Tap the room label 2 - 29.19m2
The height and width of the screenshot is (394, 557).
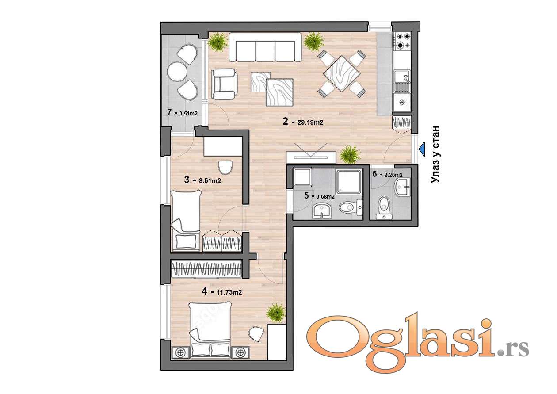click(x=303, y=122)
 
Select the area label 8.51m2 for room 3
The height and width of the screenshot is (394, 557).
click(x=210, y=181)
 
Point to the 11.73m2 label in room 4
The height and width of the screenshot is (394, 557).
click(x=229, y=292)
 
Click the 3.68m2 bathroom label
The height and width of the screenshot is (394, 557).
click(x=325, y=196)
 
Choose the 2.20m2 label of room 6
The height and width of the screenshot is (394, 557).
click(x=393, y=175)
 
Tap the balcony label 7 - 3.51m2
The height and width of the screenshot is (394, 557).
click(x=182, y=113)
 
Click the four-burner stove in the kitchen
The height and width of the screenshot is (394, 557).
click(x=401, y=41)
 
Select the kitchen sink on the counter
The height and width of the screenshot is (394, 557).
click(x=401, y=81)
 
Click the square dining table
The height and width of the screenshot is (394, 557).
click(x=342, y=73)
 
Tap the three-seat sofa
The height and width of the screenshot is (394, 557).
click(x=265, y=47)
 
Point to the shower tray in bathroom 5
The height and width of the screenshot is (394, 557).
click(x=349, y=182)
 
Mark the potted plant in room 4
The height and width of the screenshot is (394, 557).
click(x=275, y=313)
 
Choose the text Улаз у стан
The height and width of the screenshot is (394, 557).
click(x=435, y=155)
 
